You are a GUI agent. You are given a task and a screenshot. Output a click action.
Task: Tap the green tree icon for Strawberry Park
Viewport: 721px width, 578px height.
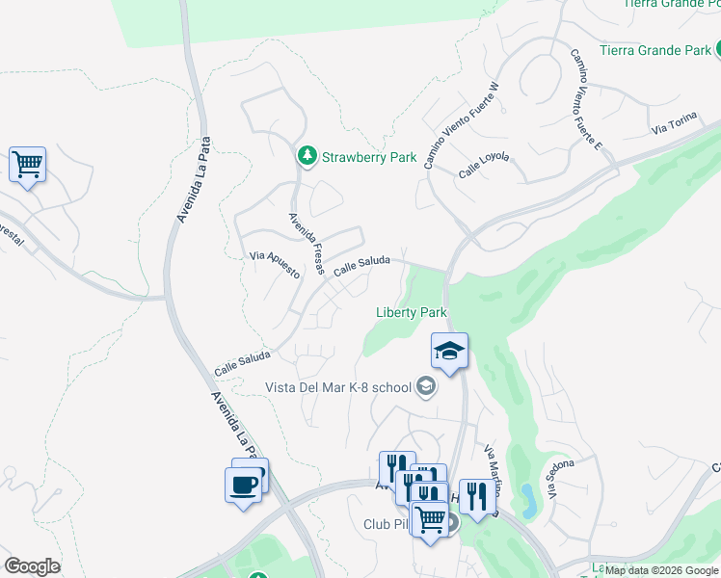point(307,154)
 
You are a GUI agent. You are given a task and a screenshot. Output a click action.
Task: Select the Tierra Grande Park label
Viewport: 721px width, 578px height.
point(655,49)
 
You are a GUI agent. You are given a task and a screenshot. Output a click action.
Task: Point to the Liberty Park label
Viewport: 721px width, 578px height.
point(411,312)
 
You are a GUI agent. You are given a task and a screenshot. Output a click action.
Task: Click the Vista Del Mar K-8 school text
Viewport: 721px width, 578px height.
point(338,388)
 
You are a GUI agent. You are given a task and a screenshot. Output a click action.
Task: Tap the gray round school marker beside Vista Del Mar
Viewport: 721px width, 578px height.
point(425,388)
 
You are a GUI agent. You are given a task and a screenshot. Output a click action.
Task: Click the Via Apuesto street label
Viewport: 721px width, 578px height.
point(275,263)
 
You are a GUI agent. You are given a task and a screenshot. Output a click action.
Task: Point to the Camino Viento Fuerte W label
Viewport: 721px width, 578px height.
point(461,125)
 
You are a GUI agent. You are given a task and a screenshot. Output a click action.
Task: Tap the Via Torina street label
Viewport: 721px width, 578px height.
point(673,127)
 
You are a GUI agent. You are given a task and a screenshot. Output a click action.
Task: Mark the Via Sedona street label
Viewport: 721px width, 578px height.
point(562,478)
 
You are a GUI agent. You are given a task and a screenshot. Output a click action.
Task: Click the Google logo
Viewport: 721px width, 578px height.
point(32,566)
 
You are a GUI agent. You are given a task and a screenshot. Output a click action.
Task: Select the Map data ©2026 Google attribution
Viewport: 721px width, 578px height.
point(662,570)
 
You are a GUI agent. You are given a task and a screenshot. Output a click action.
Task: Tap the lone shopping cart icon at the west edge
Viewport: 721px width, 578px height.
point(28,165)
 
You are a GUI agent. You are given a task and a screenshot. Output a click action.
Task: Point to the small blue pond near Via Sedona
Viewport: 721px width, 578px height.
point(528,498)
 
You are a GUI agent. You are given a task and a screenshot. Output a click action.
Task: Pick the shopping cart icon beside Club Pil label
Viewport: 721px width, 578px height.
point(430,518)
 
